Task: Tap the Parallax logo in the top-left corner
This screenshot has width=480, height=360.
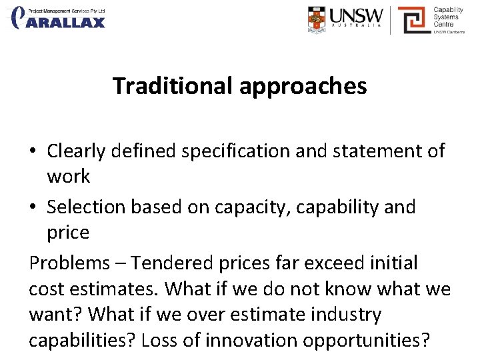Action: tap(59, 18)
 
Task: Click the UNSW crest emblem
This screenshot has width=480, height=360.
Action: tap(319, 19)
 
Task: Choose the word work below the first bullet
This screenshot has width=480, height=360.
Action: tap(68, 177)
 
